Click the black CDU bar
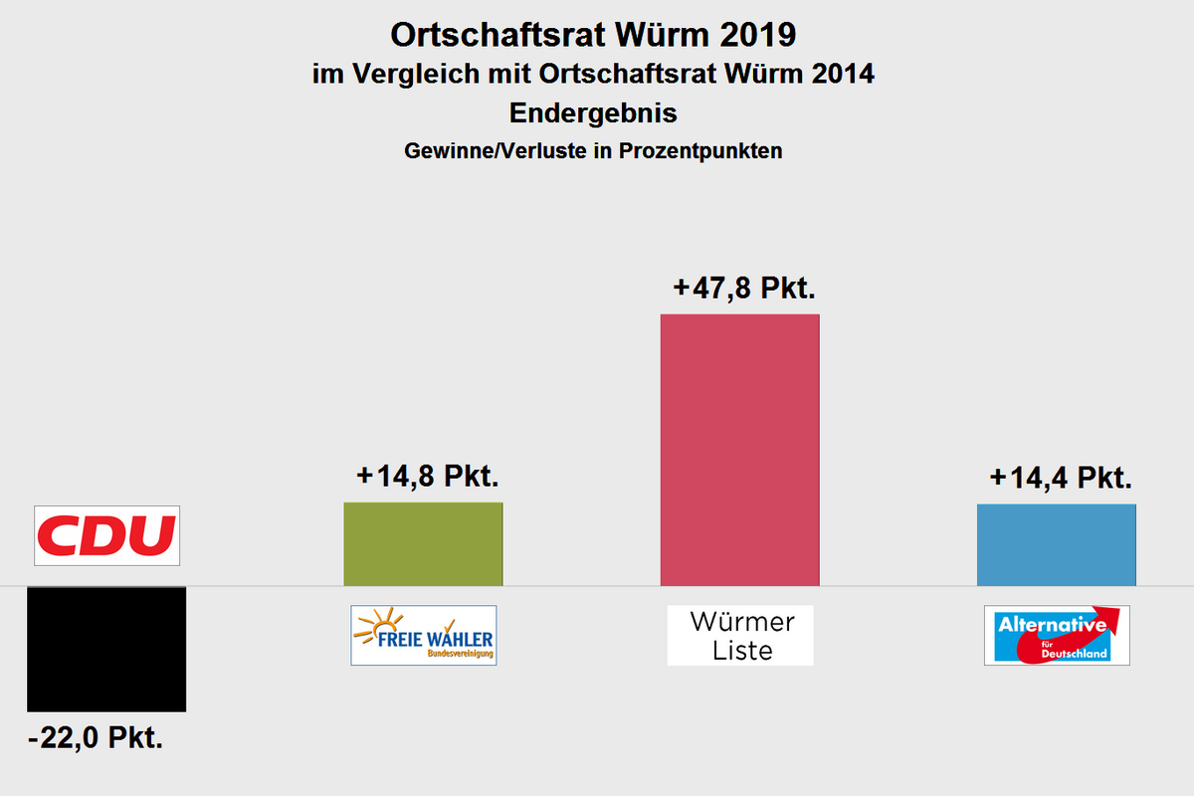(106, 649)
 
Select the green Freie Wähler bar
(423, 543)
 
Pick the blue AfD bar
(1056, 544)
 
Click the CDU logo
(106, 535)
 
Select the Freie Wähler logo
(423, 635)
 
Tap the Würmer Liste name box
(740, 635)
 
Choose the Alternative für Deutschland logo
(1057, 635)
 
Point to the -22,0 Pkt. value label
(97, 739)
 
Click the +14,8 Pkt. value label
(427, 476)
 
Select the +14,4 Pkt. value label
(1062, 478)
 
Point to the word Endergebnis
(593, 113)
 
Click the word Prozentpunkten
(700, 151)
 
